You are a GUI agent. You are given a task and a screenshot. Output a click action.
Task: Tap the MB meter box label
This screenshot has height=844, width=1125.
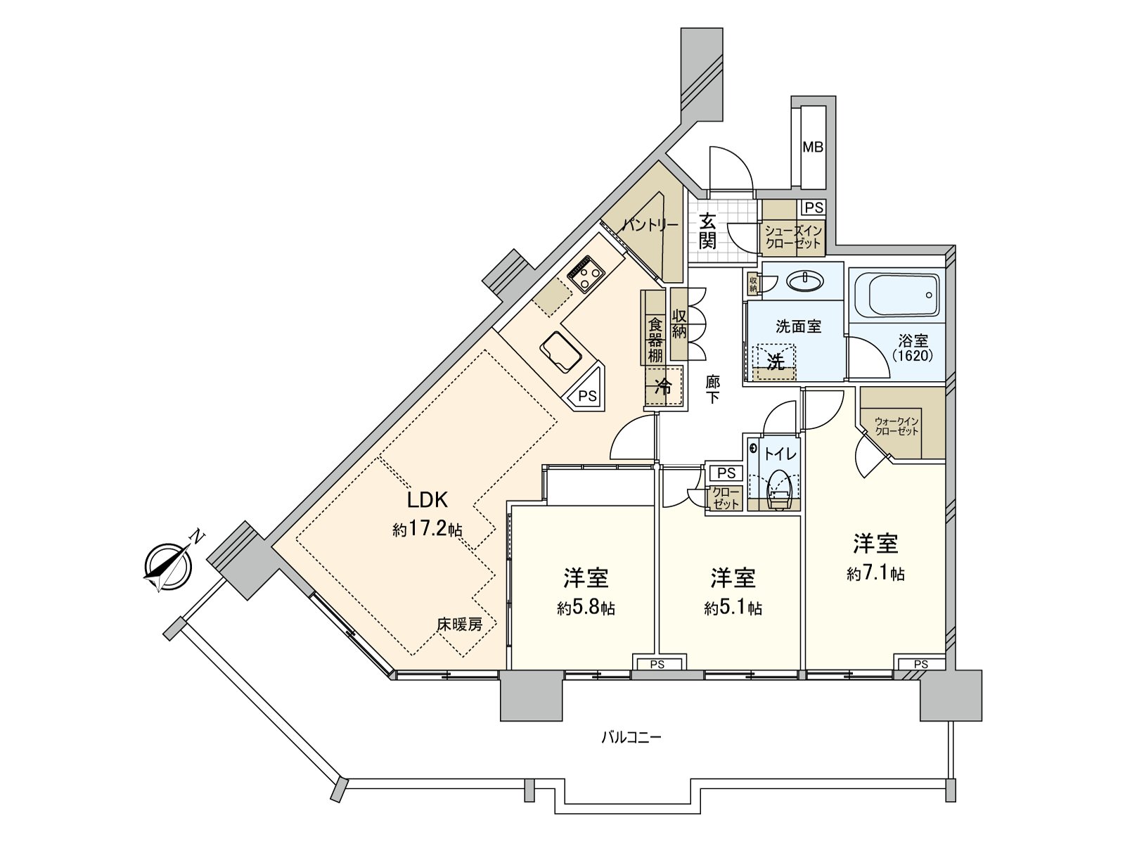click(813, 148)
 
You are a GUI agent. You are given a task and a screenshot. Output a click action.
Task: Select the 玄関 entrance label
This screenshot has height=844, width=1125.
click(707, 231)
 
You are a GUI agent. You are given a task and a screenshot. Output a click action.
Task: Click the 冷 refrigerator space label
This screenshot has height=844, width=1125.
click(662, 386)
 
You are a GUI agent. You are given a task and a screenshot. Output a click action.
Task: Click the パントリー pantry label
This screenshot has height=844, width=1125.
click(650, 225)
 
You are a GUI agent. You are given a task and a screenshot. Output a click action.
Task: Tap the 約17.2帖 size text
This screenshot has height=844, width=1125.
click(427, 530)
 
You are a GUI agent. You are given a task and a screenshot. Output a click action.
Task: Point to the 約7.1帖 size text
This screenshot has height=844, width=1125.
click(875, 574)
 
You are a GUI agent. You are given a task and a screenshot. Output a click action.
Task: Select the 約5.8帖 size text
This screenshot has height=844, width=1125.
click(586, 608)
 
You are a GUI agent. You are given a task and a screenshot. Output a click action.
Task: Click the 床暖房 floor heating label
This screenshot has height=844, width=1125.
click(460, 624)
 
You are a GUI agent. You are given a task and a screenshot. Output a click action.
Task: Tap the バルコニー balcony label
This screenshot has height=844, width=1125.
click(631, 738)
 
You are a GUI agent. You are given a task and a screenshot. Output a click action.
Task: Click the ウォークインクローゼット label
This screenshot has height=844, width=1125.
click(896, 426)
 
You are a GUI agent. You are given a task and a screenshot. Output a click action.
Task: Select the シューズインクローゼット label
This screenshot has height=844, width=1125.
click(793, 237)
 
